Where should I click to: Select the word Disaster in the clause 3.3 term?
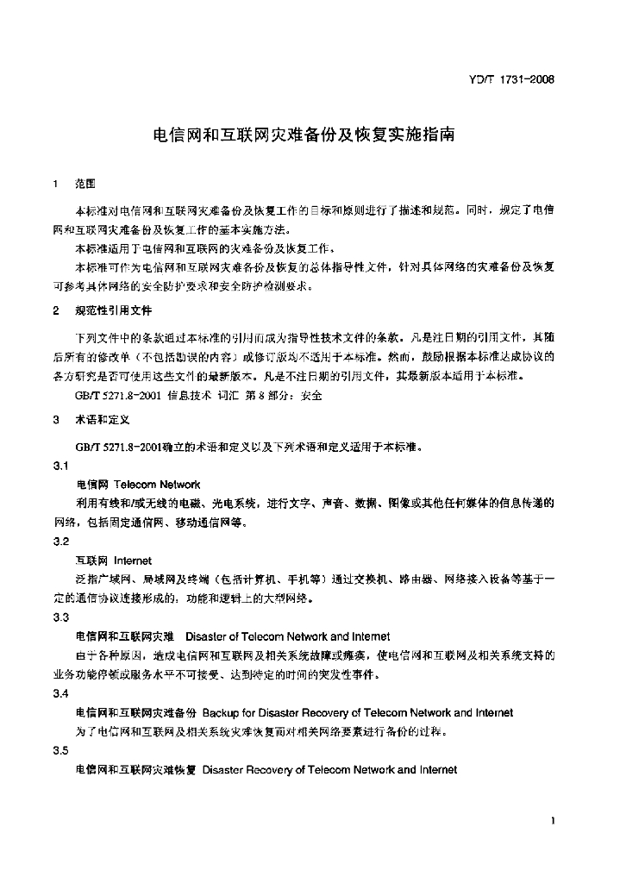point(205,636)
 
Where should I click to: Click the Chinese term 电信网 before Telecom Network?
point(92,485)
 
